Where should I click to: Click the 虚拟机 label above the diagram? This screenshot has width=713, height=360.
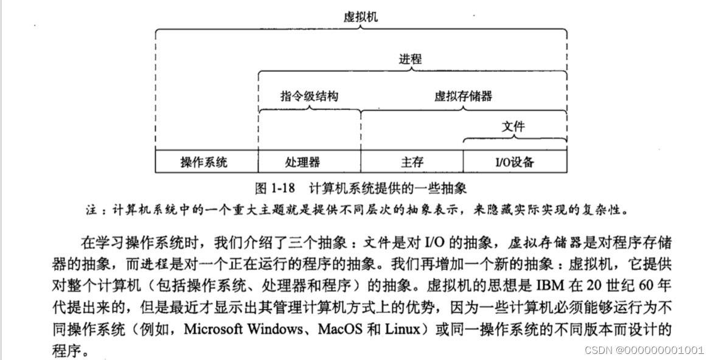coord(360,16)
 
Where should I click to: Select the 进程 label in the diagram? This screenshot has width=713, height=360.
coord(410,60)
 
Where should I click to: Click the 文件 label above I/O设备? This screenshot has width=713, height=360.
coord(513,127)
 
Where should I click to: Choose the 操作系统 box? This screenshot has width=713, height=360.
coord(206,162)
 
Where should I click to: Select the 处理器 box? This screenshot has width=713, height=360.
coord(309,162)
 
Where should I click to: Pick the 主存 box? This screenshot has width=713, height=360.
coord(412,162)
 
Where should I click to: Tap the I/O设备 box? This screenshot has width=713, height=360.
coord(515,162)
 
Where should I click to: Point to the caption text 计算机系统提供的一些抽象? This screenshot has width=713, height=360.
coord(388,186)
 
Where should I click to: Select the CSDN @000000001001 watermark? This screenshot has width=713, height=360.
coord(644,350)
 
